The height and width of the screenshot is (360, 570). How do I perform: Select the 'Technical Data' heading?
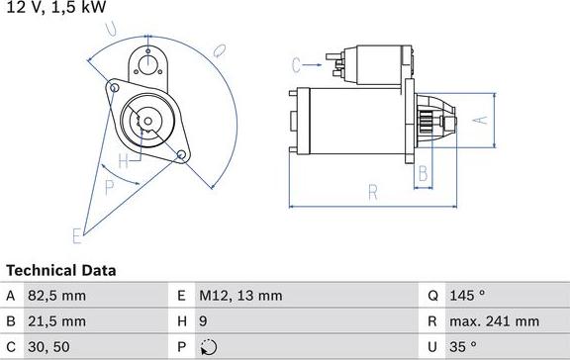click(61, 270)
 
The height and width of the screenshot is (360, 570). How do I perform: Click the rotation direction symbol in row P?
click(208, 347)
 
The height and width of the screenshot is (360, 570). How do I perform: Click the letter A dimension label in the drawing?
click(481, 120)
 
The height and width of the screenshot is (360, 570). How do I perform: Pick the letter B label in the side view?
click(422, 174)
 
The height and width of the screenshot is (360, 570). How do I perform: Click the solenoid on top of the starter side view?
click(362, 62)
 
